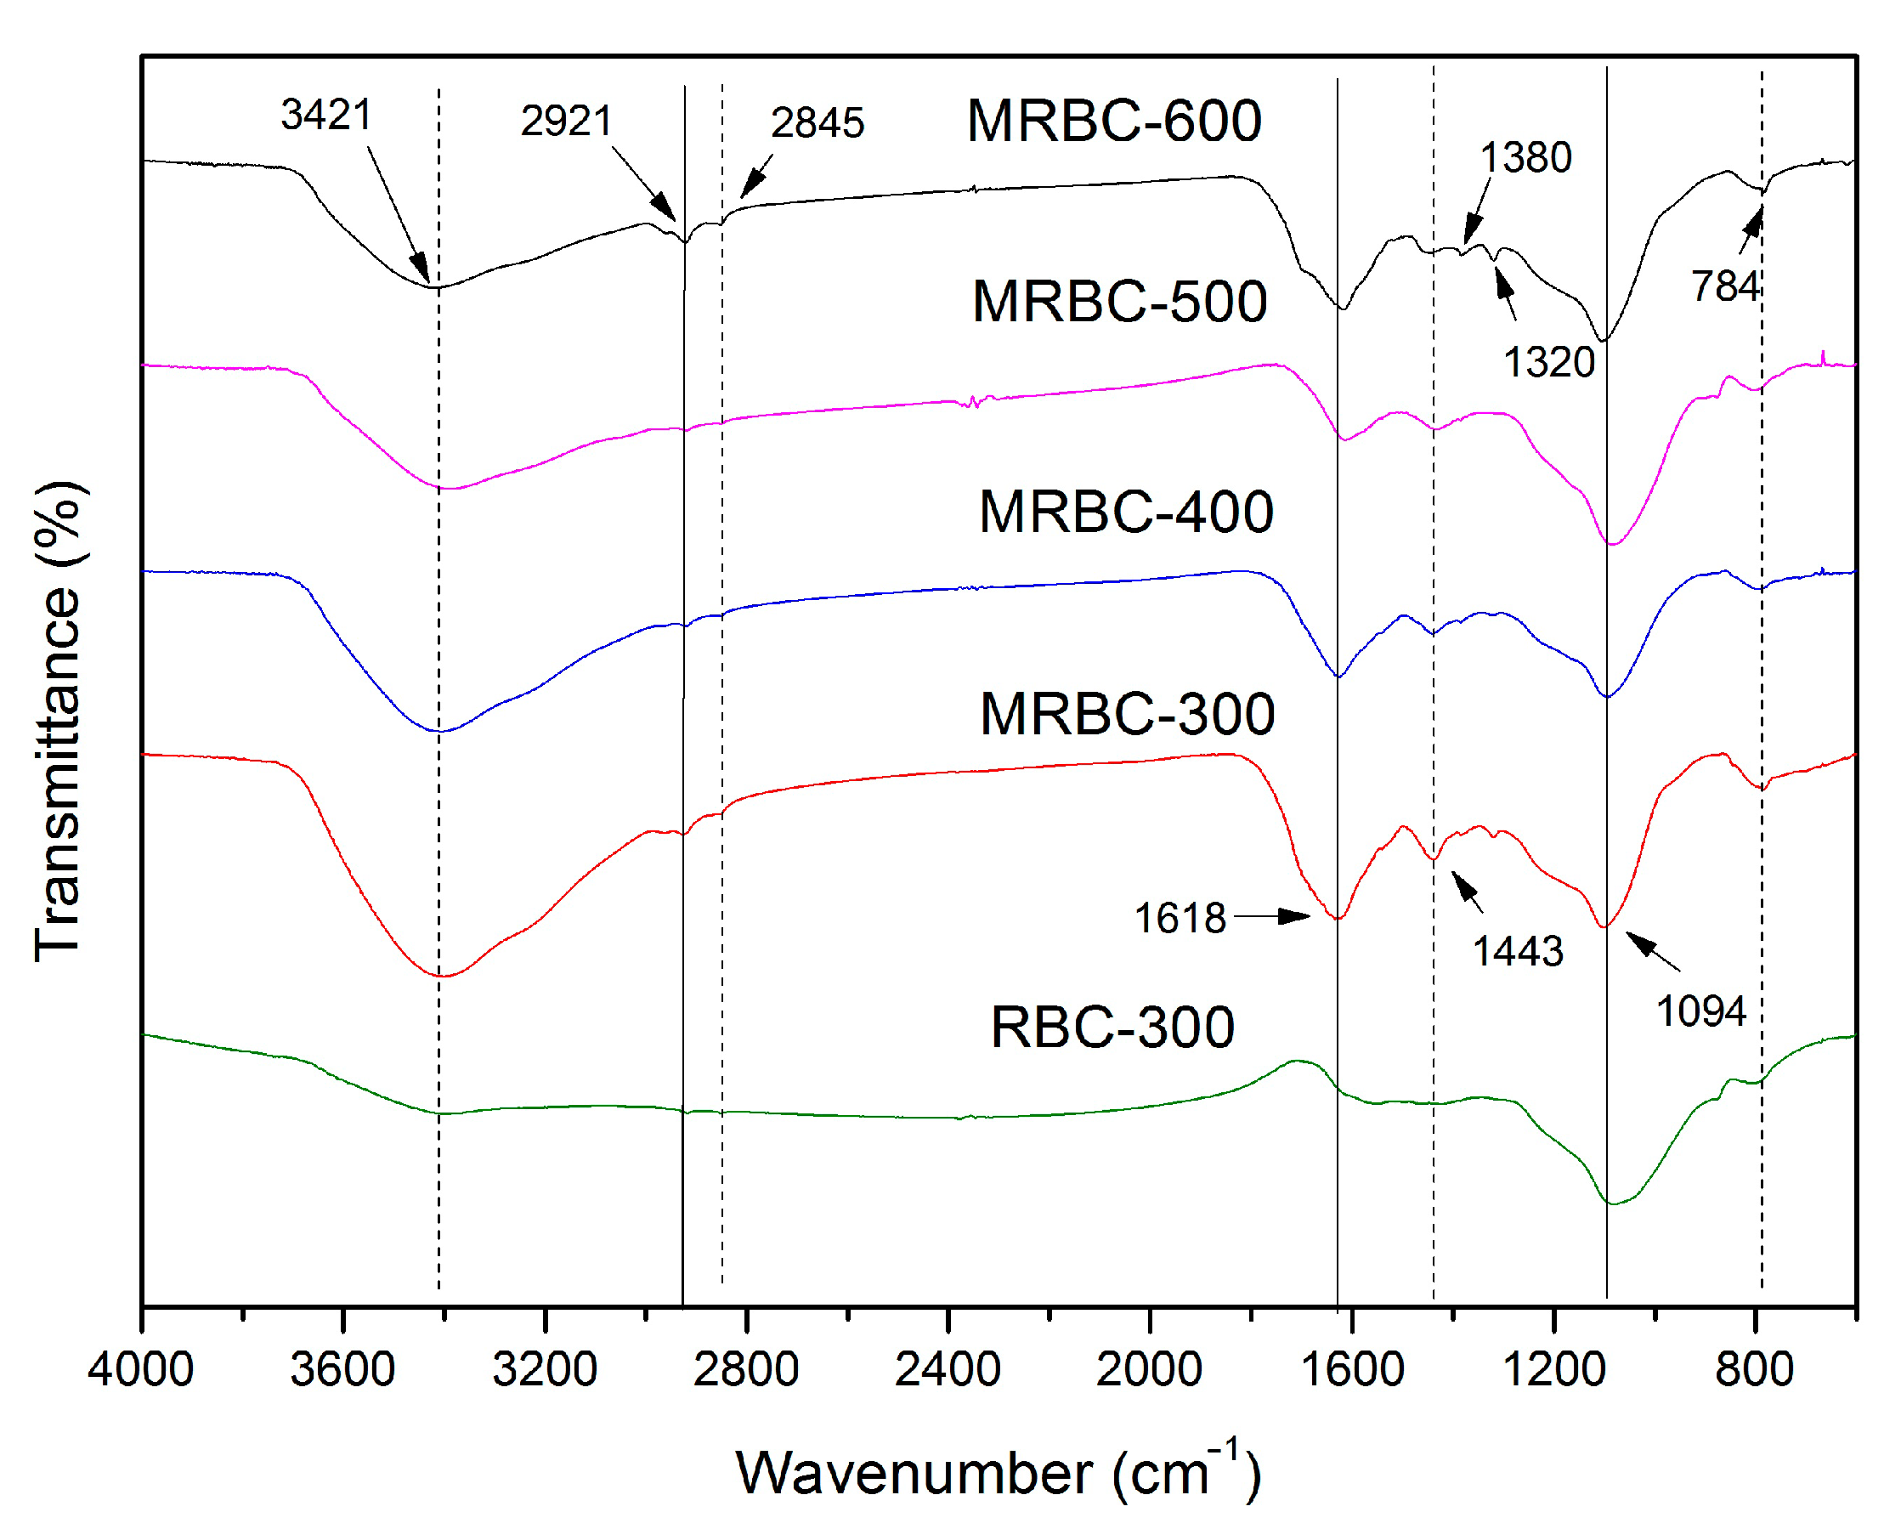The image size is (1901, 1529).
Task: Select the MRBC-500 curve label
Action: click(1119, 302)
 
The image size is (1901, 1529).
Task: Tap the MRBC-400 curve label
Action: click(1126, 512)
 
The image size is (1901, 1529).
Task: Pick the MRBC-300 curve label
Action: click(1127, 713)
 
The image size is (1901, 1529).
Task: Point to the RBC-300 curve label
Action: click(1112, 1028)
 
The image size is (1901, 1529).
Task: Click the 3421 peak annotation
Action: click(326, 115)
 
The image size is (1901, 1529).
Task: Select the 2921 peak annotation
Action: click(566, 121)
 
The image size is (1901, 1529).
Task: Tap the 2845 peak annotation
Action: click(818, 122)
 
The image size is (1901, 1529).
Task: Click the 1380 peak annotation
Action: click(1525, 158)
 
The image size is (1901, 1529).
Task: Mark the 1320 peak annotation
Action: click(1549, 362)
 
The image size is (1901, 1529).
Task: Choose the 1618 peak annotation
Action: click(1180, 918)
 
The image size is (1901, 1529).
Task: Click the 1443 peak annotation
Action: click(1519, 951)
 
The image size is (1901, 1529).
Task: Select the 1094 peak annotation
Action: click(1700, 1011)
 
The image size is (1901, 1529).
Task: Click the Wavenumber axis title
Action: click(999, 1473)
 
